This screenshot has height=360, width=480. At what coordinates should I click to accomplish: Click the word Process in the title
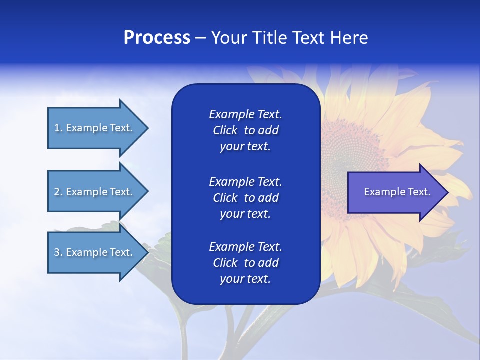(x=157, y=38)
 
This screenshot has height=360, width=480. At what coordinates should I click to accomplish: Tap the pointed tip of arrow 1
(x=147, y=128)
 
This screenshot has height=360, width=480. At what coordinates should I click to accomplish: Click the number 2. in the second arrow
(x=58, y=192)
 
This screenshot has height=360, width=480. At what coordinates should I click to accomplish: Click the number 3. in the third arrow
(x=58, y=252)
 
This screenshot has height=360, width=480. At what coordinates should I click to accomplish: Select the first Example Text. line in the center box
(x=245, y=114)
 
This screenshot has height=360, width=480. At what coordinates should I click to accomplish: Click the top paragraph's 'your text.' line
(x=245, y=147)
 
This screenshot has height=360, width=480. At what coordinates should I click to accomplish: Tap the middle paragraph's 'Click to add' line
(x=245, y=198)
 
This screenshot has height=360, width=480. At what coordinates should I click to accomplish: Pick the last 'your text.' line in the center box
(x=245, y=279)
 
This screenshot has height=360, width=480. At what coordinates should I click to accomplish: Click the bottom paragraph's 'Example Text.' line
(x=245, y=247)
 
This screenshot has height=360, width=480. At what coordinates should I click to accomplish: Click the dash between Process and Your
(x=200, y=38)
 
